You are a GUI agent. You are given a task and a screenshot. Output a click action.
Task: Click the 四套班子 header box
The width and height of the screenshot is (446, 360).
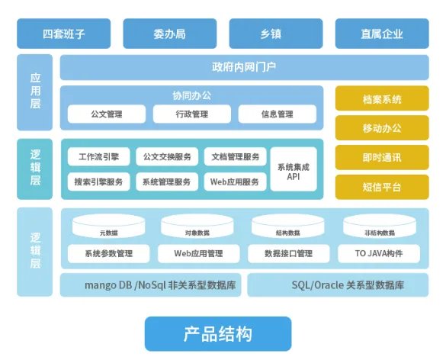tap(63, 34)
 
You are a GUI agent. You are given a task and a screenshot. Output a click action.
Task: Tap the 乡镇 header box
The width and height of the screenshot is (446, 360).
tap(275, 34)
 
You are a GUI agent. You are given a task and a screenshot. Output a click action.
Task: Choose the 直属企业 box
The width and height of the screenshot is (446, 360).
tap(382, 34)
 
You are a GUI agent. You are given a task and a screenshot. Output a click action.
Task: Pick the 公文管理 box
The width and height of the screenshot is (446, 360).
tap(107, 114)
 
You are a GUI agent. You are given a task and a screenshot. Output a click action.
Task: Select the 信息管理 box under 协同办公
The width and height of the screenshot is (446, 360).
tap(276, 114)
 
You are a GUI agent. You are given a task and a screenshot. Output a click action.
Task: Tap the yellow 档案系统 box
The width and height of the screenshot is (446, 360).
tap(382, 99)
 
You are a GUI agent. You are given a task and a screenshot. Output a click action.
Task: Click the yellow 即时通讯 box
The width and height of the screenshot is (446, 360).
tap(382, 157)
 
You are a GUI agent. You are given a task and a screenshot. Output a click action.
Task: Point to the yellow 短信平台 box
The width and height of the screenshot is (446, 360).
tap(382, 186)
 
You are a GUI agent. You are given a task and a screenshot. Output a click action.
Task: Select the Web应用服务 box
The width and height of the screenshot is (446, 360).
tap(235, 182)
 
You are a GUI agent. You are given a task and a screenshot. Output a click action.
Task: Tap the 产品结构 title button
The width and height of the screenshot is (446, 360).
tap(218, 333)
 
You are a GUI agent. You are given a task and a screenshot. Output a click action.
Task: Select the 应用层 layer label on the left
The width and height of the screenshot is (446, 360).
tap(35, 93)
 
